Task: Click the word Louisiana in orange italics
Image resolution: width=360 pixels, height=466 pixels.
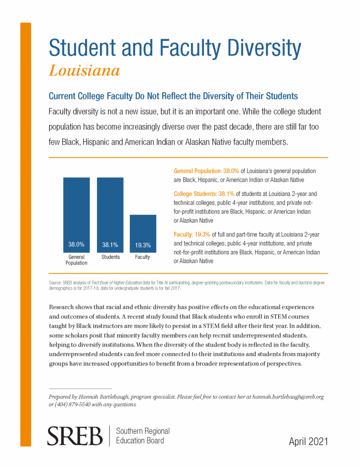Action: (85, 71)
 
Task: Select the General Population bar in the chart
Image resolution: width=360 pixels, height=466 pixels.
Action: (77, 215)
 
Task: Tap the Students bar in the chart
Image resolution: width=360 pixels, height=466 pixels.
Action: (110, 215)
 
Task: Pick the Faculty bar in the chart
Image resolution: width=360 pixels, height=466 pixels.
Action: (143, 233)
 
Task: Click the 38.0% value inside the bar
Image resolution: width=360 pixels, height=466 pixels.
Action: (77, 244)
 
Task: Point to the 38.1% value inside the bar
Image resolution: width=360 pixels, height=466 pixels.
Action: (110, 244)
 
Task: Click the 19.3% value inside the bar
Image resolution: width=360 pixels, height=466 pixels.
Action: (143, 245)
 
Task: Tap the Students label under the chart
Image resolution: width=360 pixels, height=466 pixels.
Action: (111, 257)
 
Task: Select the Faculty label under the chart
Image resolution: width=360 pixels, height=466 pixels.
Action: (142, 257)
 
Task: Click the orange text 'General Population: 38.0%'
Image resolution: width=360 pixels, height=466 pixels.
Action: (206, 171)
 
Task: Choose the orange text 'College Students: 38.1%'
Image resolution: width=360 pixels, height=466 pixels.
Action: (204, 194)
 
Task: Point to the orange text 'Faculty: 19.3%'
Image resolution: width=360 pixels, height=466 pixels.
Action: (192, 234)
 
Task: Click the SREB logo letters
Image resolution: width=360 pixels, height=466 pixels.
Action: (75, 436)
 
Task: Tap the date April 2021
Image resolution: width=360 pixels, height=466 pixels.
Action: (308, 441)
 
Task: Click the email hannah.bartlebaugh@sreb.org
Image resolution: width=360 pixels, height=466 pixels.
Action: (288, 397)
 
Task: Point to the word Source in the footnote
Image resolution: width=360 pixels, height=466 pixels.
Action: (55, 282)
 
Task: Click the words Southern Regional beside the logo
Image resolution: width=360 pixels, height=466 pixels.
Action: (143, 431)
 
